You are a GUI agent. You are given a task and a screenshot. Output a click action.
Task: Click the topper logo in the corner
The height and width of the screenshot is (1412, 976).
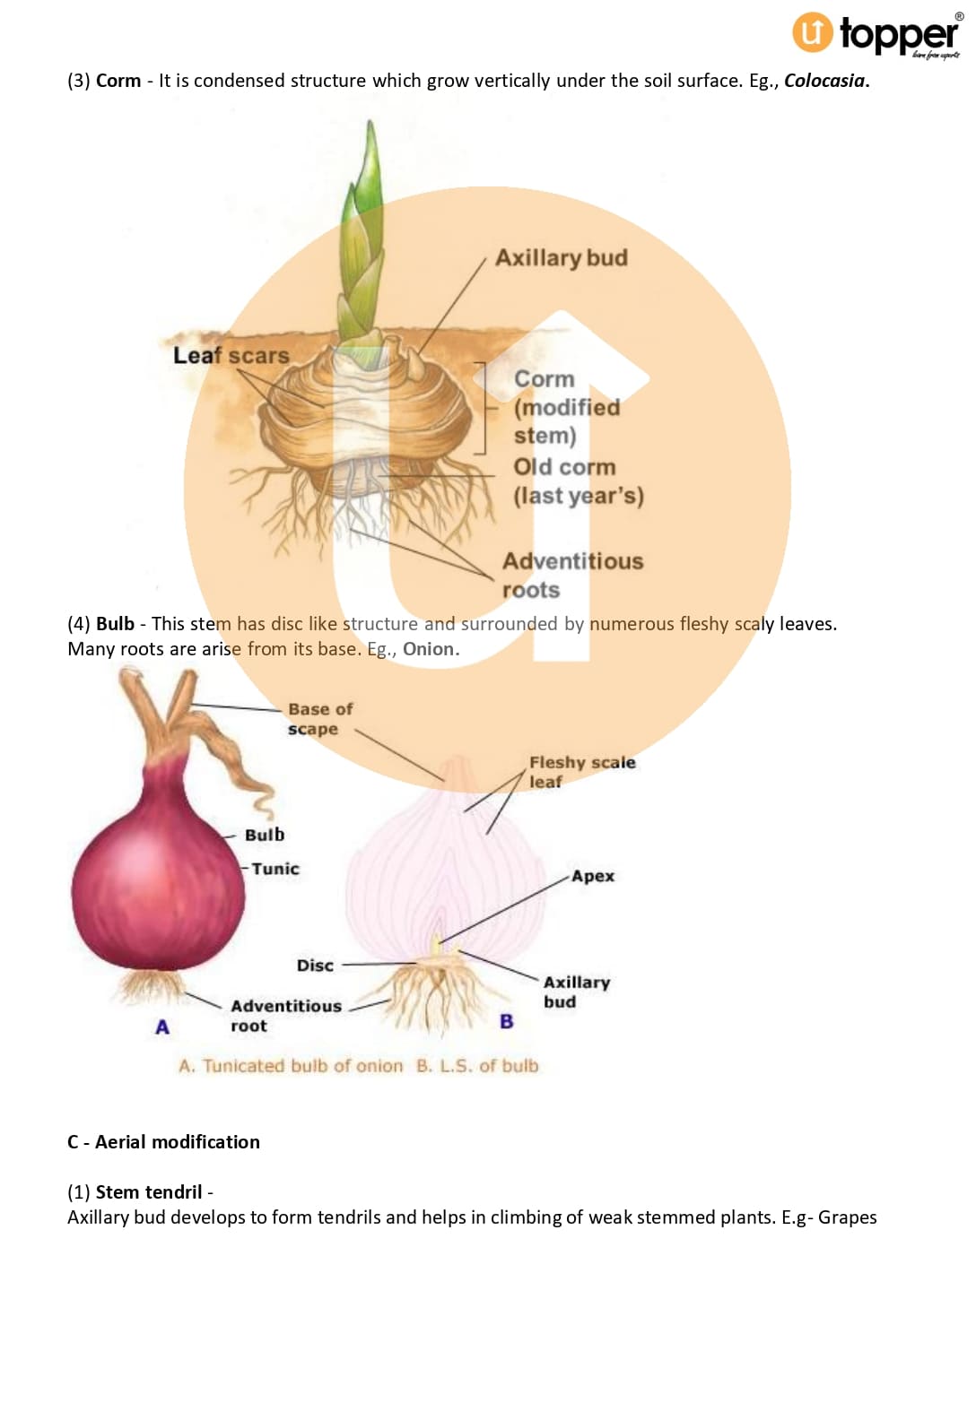coord(875,34)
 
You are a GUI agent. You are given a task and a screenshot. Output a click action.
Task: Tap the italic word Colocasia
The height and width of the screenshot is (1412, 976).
coord(824,81)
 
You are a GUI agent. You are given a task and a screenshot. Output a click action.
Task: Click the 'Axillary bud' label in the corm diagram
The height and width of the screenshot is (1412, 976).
coord(561,258)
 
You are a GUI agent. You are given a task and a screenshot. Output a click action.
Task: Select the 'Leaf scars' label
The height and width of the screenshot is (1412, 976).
coord(231,356)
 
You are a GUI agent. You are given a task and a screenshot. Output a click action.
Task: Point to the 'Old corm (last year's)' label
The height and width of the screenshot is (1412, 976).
coord(578,481)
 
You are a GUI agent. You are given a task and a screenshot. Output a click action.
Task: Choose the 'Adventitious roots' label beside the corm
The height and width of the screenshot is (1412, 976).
coord(571,575)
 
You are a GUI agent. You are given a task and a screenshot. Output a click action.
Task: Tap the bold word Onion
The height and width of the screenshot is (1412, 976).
coord(430,649)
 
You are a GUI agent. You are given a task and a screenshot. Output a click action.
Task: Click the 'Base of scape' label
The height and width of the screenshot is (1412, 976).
coord(319,719)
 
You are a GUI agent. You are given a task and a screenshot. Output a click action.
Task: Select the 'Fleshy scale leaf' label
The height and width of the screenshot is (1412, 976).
coord(581,771)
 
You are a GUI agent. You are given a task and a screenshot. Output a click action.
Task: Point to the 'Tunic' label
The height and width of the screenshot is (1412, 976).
coord(274,869)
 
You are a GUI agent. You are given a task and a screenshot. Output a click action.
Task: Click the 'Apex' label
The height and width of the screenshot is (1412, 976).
coord(593,876)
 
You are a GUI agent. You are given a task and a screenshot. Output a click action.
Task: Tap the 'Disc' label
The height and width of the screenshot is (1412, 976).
coord(315,966)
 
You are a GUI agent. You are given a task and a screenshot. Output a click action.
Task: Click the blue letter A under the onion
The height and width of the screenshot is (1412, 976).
coord(162,1027)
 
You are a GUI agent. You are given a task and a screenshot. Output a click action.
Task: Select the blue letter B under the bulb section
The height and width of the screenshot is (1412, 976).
coord(507,1022)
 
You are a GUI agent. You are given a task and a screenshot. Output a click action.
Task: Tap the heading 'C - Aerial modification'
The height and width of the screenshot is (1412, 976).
coord(163,1142)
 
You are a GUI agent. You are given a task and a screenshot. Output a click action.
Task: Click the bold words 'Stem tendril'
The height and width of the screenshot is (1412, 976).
coord(149,1192)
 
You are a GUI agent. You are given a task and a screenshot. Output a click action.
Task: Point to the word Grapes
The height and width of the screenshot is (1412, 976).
coord(847,1217)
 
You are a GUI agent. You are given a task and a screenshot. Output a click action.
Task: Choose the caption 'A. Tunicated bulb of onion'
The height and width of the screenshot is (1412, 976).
coord(291,1066)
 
